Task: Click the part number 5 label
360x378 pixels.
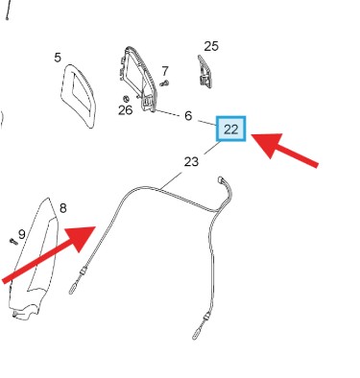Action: pyautogui.click(x=58, y=58)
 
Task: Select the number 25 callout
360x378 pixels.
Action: pyautogui.click(x=211, y=46)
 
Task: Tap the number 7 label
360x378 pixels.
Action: pyautogui.click(x=165, y=71)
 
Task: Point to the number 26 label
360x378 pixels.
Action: pyautogui.click(x=125, y=110)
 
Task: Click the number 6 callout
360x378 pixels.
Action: pyautogui.click(x=188, y=116)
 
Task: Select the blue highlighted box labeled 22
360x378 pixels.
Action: pyautogui.click(x=231, y=129)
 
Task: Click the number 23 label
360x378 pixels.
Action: pyautogui.click(x=191, y=162)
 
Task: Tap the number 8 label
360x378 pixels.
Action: pyautogui.click(x=63, y=208)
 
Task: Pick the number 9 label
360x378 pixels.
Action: pyautogui.click(x=21, y=234)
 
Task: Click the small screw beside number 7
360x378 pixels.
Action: pyautogui.click(x=164, y=83)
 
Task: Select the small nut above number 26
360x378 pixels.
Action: pyautogui.click(x=126, y=98)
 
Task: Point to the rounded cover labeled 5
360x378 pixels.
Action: pyautogui.click(x=79, y=96)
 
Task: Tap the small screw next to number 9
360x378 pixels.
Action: pyautogui.click(x=13, y=242)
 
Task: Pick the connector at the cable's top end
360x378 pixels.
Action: pyautogui.click(x=221, y=180)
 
